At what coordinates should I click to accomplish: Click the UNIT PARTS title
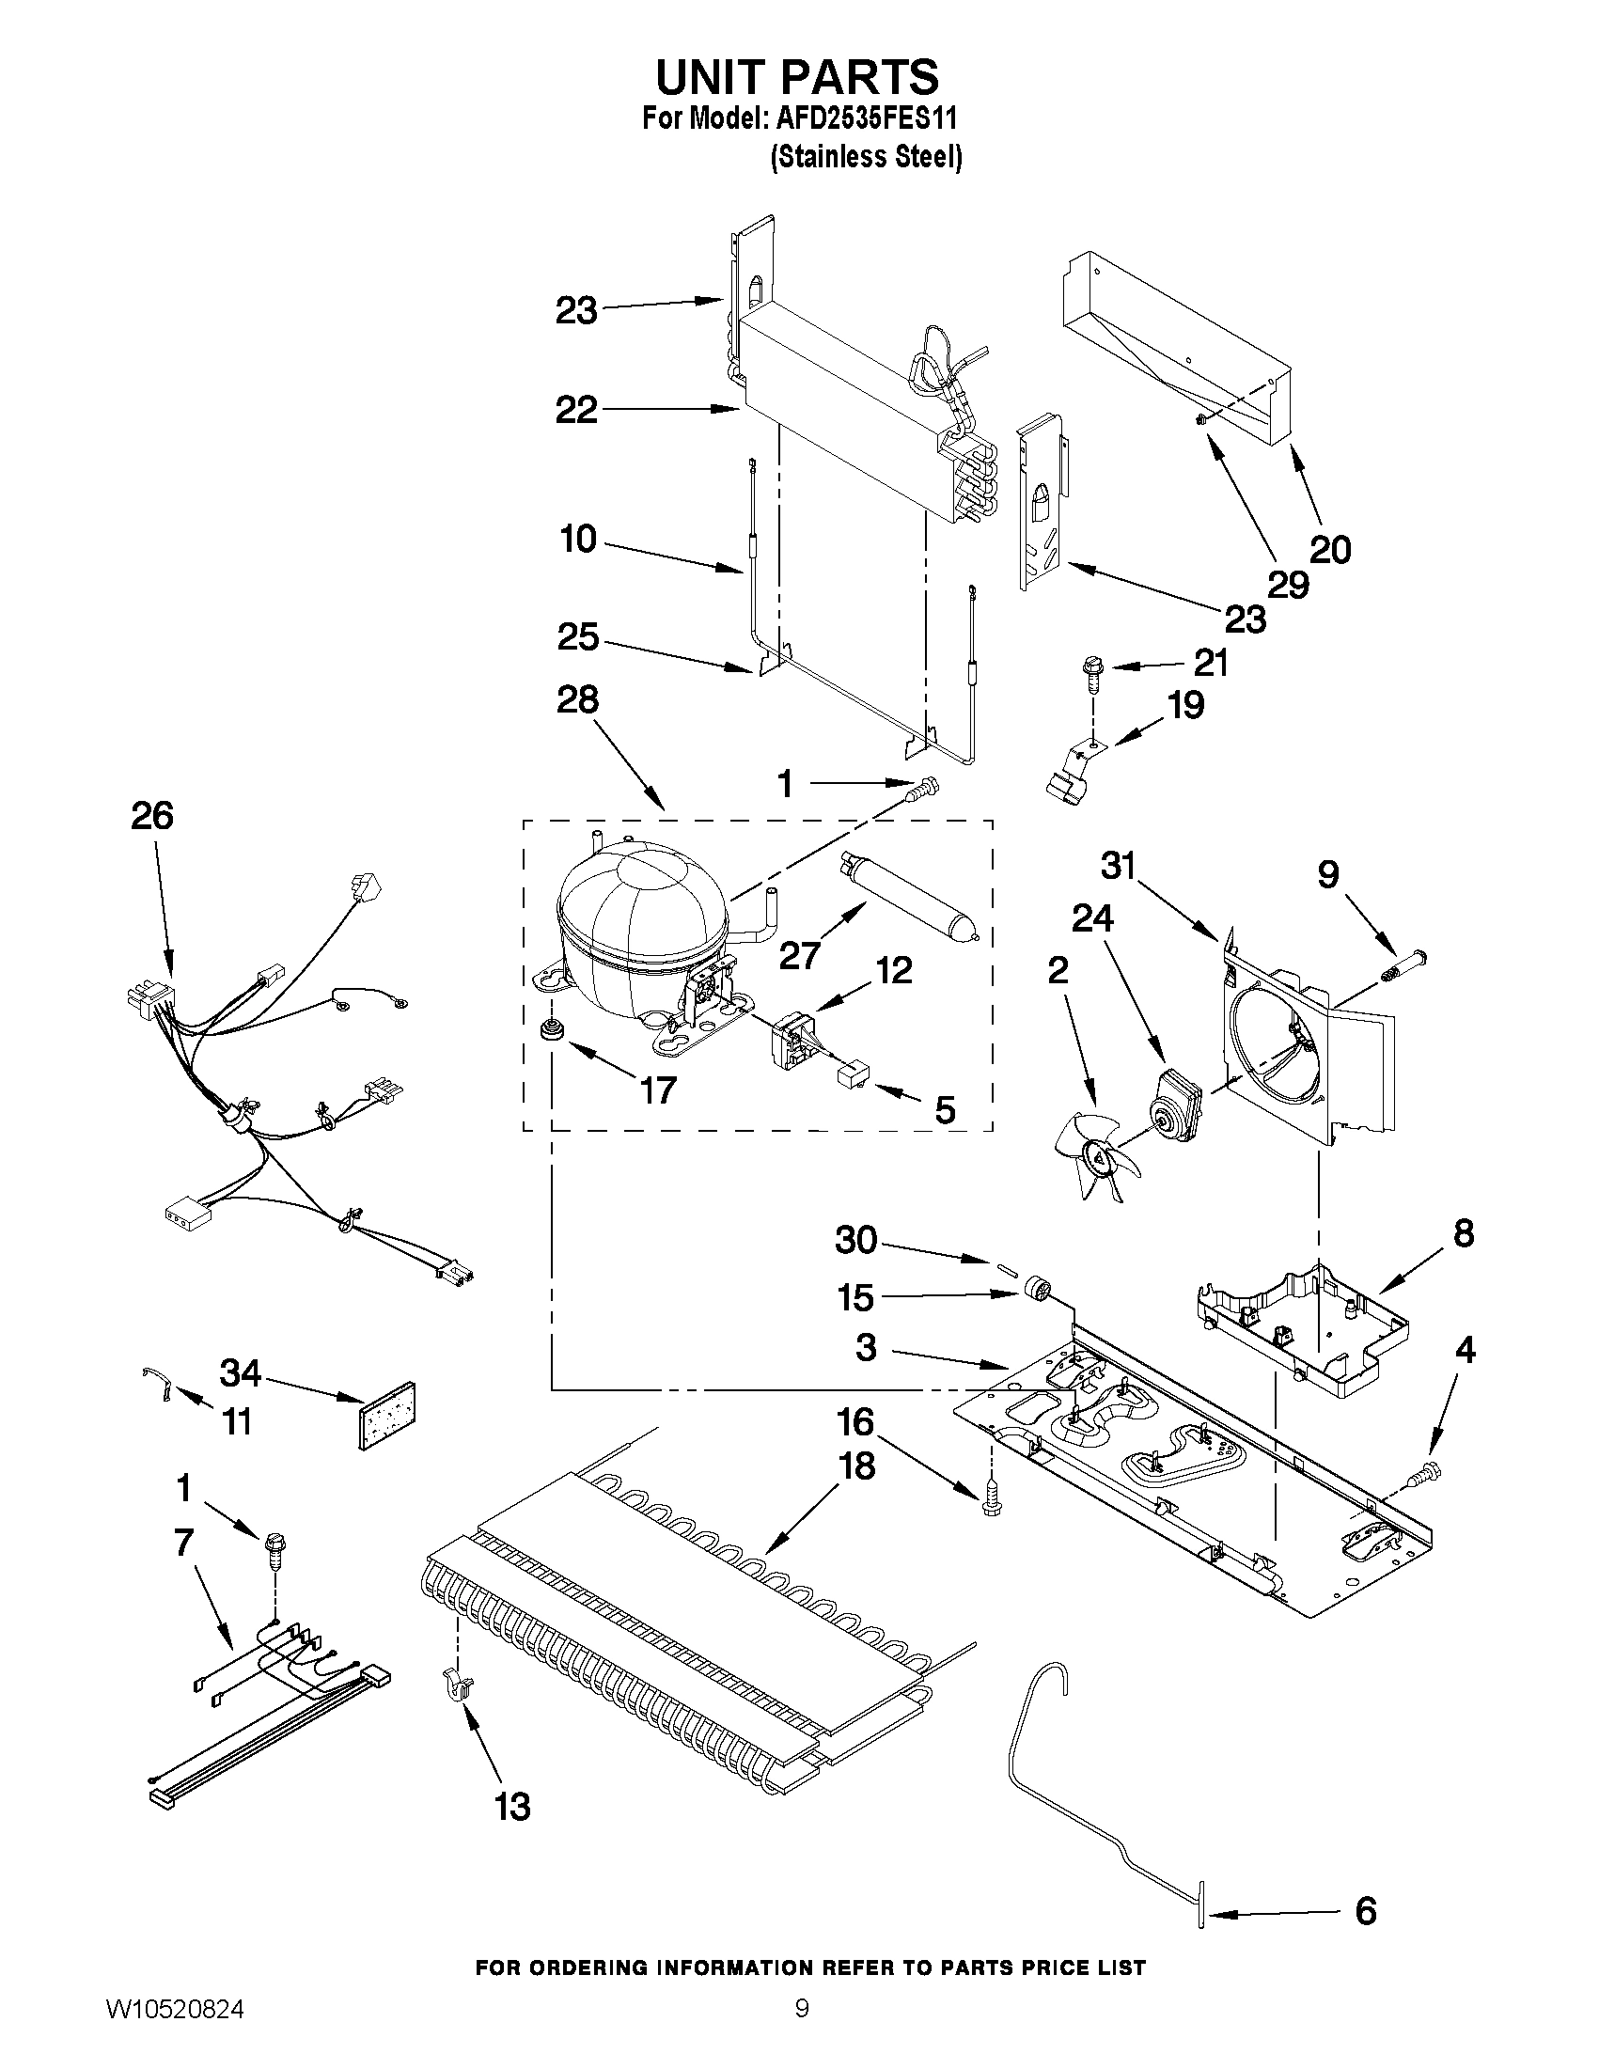point(796,76)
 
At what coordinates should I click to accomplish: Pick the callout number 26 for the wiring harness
point(151,816)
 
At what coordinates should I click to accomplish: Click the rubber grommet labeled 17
point(548,1029)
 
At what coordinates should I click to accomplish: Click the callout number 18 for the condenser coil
point(856,1466)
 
